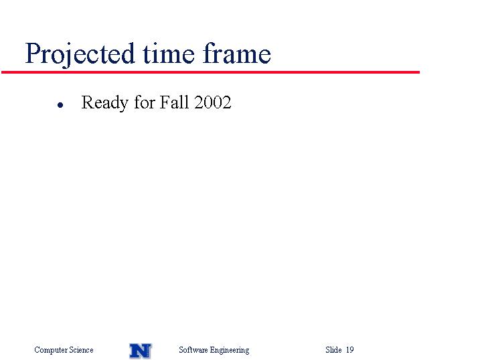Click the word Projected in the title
click(80, 54)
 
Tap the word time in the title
click(169, 54)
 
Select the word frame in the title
click(236, 54)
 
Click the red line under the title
click(211, 72)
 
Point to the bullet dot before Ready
click(60, 105)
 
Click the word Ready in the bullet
click(104, 103)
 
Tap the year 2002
click(212, 102)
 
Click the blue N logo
click(140, 351)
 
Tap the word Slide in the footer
click(333, 349)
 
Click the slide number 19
click(350, 349)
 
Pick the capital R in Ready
click(88, 102)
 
